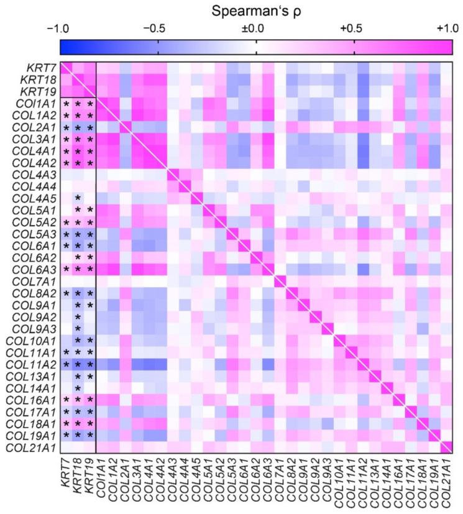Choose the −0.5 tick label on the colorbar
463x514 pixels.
point(158,29)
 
